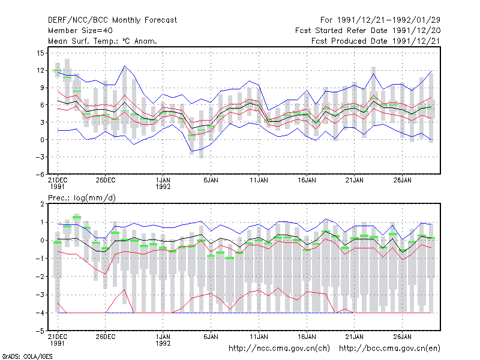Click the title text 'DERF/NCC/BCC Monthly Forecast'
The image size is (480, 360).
pos(112,20)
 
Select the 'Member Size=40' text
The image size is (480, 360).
pos(80,31)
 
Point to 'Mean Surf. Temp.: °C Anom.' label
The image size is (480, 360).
pos(103,41)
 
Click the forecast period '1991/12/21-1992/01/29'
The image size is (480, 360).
pos(389,20)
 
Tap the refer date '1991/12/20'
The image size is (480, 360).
pos(416,31)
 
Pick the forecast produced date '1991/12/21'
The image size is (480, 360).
pos(416,41)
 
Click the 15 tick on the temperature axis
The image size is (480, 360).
pos(40,53)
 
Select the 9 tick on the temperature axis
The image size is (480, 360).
pos(42,88)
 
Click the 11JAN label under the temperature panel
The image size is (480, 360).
pos(259,181)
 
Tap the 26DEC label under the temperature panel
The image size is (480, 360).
pos(106,181)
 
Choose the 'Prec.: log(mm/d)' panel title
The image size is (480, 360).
pos(82,198)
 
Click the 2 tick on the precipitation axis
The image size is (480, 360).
pos(42,204)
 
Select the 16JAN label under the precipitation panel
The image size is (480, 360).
pos(307,337)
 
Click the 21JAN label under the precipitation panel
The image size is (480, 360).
pos(355,337)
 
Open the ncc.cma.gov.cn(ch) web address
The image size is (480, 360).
pos(279,349)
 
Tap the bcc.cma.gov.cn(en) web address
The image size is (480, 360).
pos(389,349)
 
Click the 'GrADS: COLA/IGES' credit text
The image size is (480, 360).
pos(28,356)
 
